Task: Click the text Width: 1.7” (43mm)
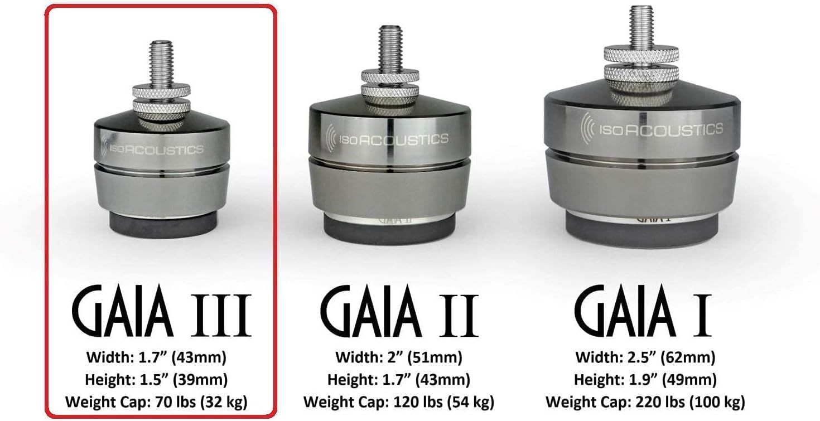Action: click(x=156, y=356)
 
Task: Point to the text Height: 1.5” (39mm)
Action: click(x=156, y=380)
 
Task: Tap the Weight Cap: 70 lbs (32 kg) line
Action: click(x=156, y=401)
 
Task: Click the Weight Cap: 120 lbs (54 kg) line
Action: click(x=398, y=401)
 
